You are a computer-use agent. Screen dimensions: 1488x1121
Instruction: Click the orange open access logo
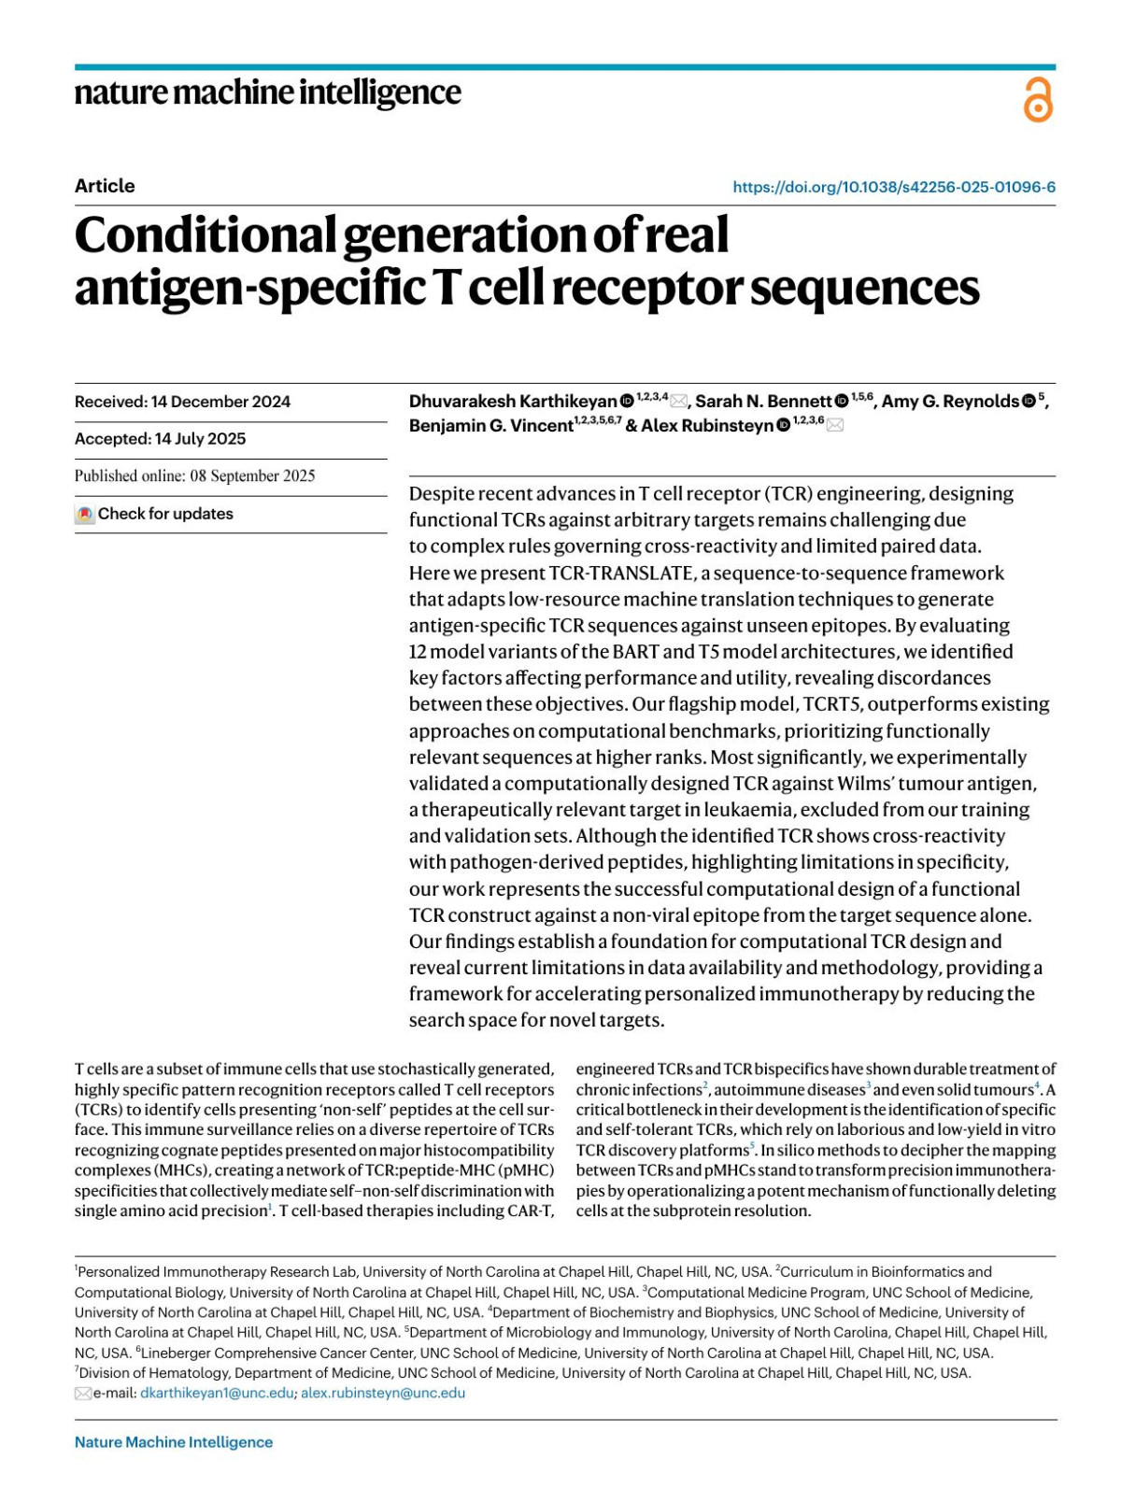point(1038,100)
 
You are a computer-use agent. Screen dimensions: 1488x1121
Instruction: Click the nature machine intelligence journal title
point(267,92)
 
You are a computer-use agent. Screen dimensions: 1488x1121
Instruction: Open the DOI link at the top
point(894,187)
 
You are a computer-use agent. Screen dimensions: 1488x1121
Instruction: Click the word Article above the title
point(105,186)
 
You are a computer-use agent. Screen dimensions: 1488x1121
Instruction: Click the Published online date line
point(194,475)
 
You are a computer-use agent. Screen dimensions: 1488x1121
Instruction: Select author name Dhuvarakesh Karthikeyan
point(513,402)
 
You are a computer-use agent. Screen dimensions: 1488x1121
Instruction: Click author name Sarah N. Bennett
point(763,402)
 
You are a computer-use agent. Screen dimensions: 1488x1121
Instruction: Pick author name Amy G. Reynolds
point(950,402)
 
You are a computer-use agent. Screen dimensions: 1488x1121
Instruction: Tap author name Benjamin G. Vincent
point(490,426)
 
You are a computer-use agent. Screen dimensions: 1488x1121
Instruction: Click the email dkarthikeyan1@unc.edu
point(217,1393)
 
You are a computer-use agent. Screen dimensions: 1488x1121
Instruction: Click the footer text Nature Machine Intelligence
point(174,1442)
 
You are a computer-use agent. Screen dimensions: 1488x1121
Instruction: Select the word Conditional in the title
point(206,235)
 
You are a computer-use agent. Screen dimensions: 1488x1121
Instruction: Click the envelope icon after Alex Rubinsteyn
point(834,426)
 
